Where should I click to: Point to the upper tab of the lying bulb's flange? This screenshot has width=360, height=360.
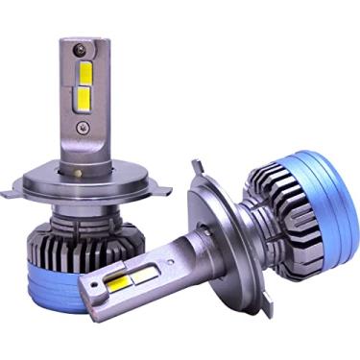click(199, 174)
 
